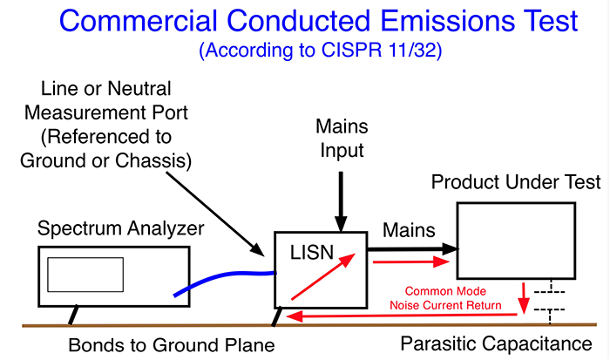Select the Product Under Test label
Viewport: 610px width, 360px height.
point(517,182)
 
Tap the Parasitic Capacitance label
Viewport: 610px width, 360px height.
point(499,344)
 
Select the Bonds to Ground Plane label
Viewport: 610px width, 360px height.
point(172,344)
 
